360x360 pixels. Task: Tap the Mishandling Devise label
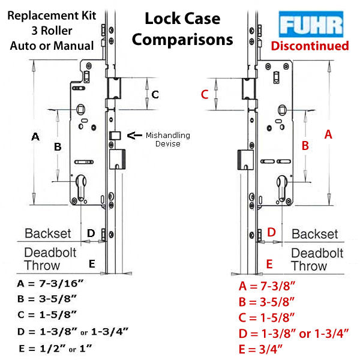[x=167, y=139]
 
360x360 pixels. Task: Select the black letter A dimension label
[x=35, y=137]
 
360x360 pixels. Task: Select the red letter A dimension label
[x=328, y=135]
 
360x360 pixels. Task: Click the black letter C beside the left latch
[x=155, y=94]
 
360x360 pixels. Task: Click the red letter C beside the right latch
[x=205, y=94]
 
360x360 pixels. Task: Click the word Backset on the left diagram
[x=48, y=233]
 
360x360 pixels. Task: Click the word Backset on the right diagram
[x=314, y=234]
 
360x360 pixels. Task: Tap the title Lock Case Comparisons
[x=182, y=29]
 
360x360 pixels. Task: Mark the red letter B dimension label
[x=305, y=145]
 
